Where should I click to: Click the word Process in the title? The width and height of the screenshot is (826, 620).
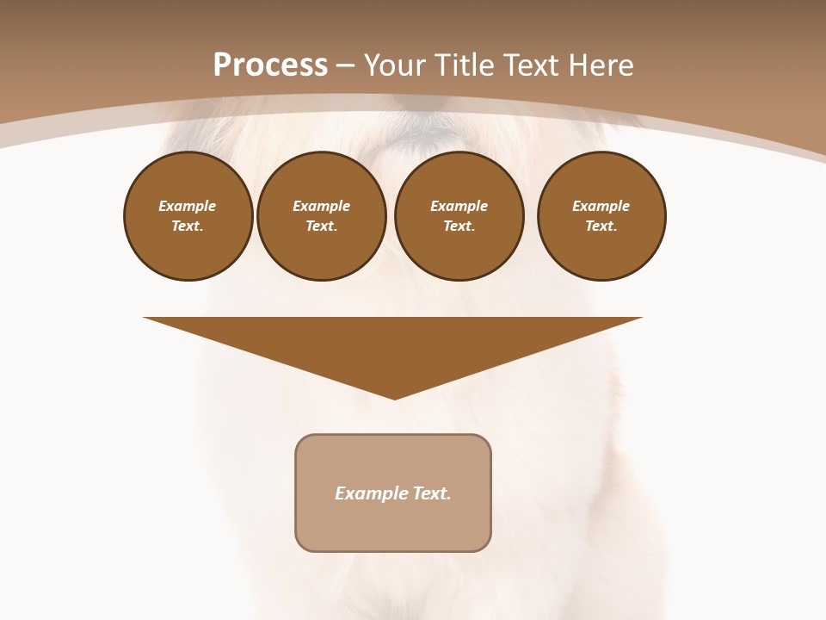pyautogui.click(x=270, y=65)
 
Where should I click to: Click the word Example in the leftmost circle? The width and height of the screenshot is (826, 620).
pyautogui.click(x=188, y=206)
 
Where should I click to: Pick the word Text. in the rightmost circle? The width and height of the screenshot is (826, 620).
pyautogui.click(x=601, y=226)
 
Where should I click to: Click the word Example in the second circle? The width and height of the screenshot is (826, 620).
pyautogui.click(x=322, y=206)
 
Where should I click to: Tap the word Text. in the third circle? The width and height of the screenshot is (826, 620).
pyautogui.click(x=459, y=226)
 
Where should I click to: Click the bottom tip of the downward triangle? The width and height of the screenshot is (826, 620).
pyautogui.click(x=394, y=397)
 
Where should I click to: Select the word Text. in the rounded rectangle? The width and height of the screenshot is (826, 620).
pyautogui.click(x=431, y=493)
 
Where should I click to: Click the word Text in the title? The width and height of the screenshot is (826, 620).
pyautogui.click(x=531, y=65)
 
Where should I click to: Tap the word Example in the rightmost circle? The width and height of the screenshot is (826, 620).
pyautogui.click(x=601, y=206)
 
